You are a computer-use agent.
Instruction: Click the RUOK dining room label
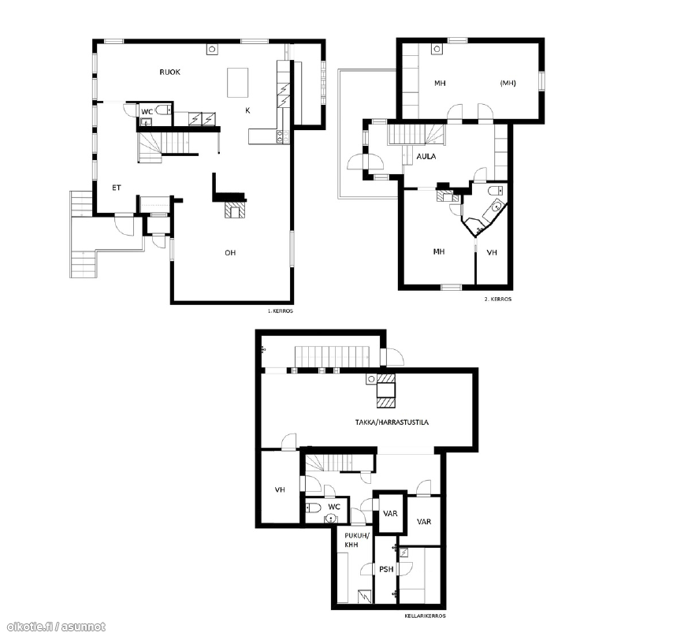tap(169, 72)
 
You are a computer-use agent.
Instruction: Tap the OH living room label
tap(230, 253)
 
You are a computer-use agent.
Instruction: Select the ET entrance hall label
tap(117, 188)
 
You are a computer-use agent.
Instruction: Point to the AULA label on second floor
tap(426, 156)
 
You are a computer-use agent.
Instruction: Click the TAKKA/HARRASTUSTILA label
tap(392, 422)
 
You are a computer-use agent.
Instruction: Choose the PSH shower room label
tap(386, 569)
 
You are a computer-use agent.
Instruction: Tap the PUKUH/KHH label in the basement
tap(357, 540)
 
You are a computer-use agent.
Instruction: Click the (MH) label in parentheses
tap(508, 83)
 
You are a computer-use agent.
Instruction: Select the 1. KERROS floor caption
tap(281, 311)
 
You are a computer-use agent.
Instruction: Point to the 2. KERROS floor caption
tap(498, 299)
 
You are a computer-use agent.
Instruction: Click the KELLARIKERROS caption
tap(426, 616)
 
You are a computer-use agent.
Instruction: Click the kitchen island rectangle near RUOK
tap(237, 83)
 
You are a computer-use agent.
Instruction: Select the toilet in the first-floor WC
tap(162, 110)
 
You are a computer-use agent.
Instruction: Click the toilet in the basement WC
tap(314, 508)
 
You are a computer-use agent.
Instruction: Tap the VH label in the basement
tap(280, 489)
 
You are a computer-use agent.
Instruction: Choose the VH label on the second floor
tap(492, 252)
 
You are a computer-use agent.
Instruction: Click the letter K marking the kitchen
tap(247, 110)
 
